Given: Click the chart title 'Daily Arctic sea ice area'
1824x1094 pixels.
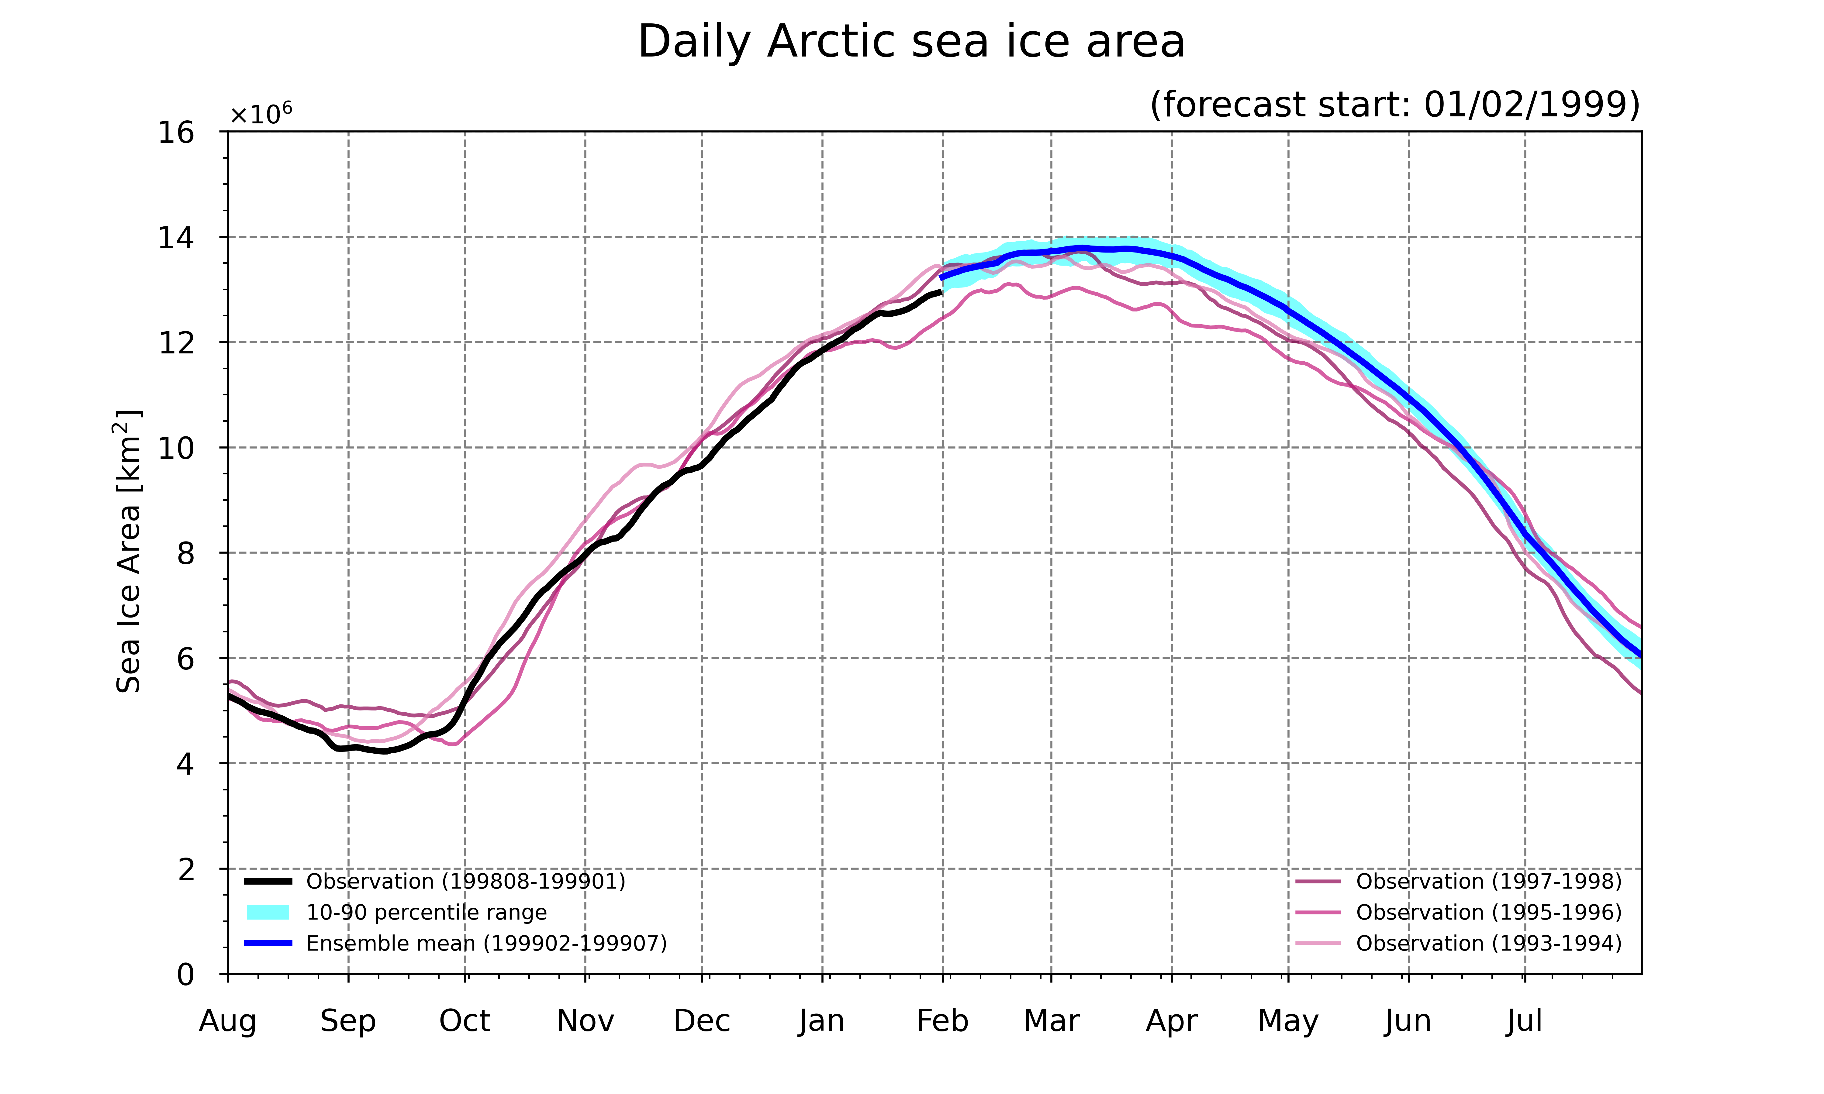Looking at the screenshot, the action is [911, 42].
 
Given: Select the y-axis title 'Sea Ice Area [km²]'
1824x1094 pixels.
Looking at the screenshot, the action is [128, 552].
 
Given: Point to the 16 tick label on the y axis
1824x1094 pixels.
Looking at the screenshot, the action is [176, 133].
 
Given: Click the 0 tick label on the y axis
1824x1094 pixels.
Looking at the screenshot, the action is [186, 975].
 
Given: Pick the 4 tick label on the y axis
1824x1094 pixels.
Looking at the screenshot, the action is [186, 764].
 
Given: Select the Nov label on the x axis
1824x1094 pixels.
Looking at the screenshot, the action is [586, 1021].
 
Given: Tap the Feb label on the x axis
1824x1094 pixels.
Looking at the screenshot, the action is [942, 1021].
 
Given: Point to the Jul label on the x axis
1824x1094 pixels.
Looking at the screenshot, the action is [1525, 1021].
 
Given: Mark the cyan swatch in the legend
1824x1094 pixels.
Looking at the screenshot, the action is [268, 913].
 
